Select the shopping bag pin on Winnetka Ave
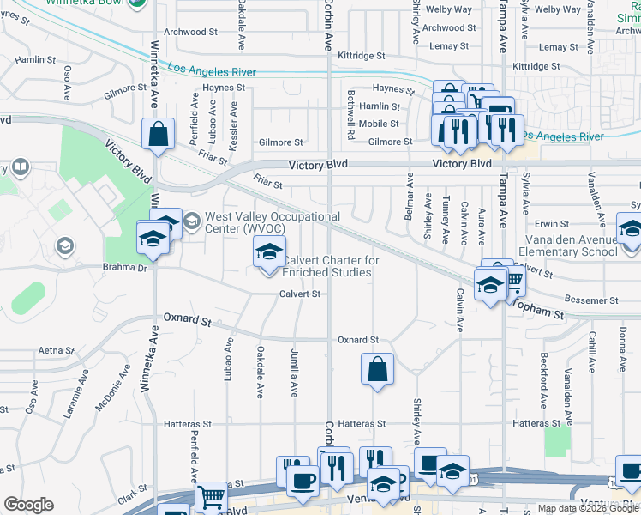[158, 136]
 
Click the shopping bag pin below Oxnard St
[377, 371]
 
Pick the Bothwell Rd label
[351, 115]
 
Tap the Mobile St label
[379, 124]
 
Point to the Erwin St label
[553, 223]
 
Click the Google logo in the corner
[28, 505]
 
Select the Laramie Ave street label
[72, 396]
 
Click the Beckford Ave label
[543, 379]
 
